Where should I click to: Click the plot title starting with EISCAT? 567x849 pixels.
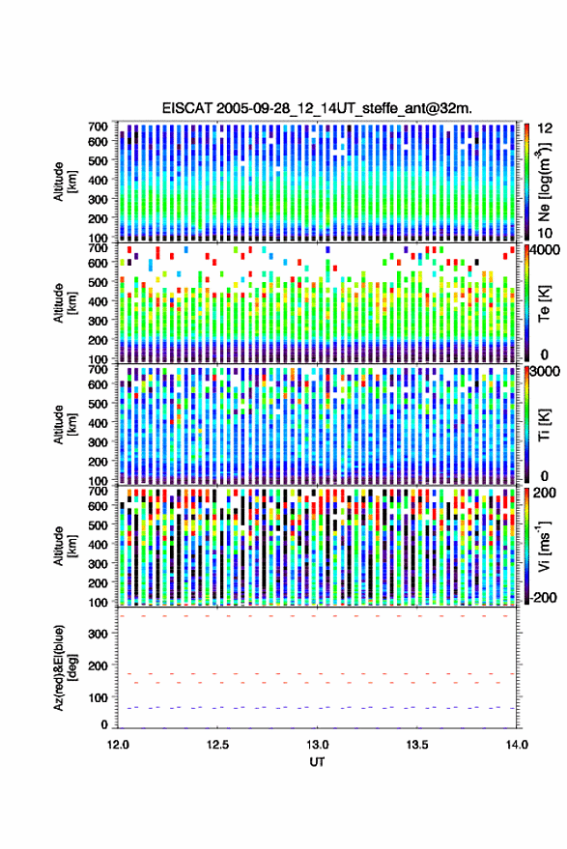tap(317, 108)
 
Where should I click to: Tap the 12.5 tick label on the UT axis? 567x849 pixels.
tap(217, 745)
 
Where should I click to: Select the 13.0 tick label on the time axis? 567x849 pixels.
tap(318, 745)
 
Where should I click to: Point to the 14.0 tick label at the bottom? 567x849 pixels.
tap(517, 745)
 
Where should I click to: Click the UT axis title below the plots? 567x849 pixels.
tap(318, 762)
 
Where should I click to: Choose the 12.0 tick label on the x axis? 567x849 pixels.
tap(118, 745)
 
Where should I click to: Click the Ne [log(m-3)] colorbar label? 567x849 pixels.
tap(544, 182)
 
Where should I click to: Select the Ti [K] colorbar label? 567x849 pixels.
tap(544, 425)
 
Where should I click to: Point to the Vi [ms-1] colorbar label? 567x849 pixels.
tap(544, 546)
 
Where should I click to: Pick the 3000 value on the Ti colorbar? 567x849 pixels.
tap(543, 372)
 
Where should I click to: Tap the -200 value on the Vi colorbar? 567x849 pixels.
tap(542, 598)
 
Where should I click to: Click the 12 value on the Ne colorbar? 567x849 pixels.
tap(544, 128)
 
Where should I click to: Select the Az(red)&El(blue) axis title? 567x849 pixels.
tap(65, 667)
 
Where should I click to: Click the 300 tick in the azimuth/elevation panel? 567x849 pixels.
tap(99, 634)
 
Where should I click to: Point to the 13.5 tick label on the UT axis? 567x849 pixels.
tap(417, 745)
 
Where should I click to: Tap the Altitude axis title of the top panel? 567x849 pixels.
tap(65, 182)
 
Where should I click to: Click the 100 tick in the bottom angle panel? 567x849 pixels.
tap(99, 697)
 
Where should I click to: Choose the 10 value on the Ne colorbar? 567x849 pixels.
tap(544, 233)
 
